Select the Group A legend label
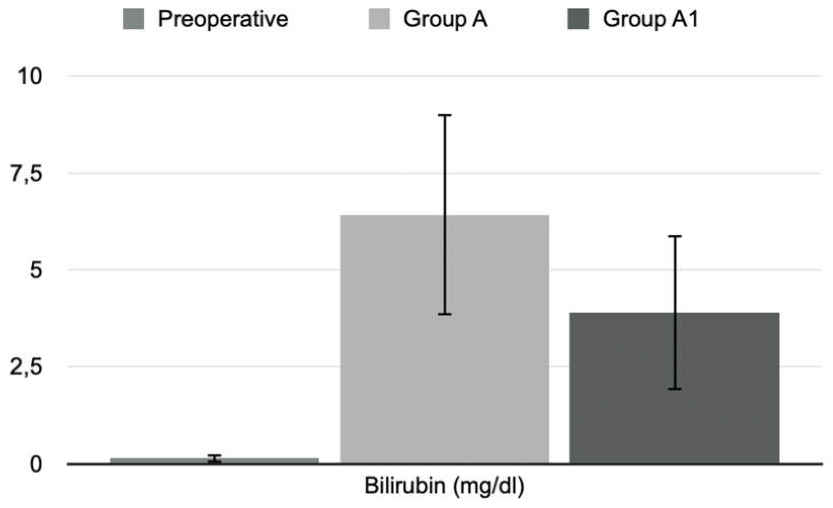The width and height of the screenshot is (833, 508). coord(445,19)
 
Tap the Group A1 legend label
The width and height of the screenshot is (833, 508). coord(650,19)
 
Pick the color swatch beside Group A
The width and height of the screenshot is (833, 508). coord(379,19)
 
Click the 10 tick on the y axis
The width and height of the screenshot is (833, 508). coord(30,76)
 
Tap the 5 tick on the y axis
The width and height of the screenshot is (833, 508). coord(35,270)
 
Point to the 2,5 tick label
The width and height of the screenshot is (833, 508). coord(26,367)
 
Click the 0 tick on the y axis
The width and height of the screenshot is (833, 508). coord(35,465)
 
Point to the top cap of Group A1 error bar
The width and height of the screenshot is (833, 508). coord(674,237)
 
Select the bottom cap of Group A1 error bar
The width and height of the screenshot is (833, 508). coord(674,389)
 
